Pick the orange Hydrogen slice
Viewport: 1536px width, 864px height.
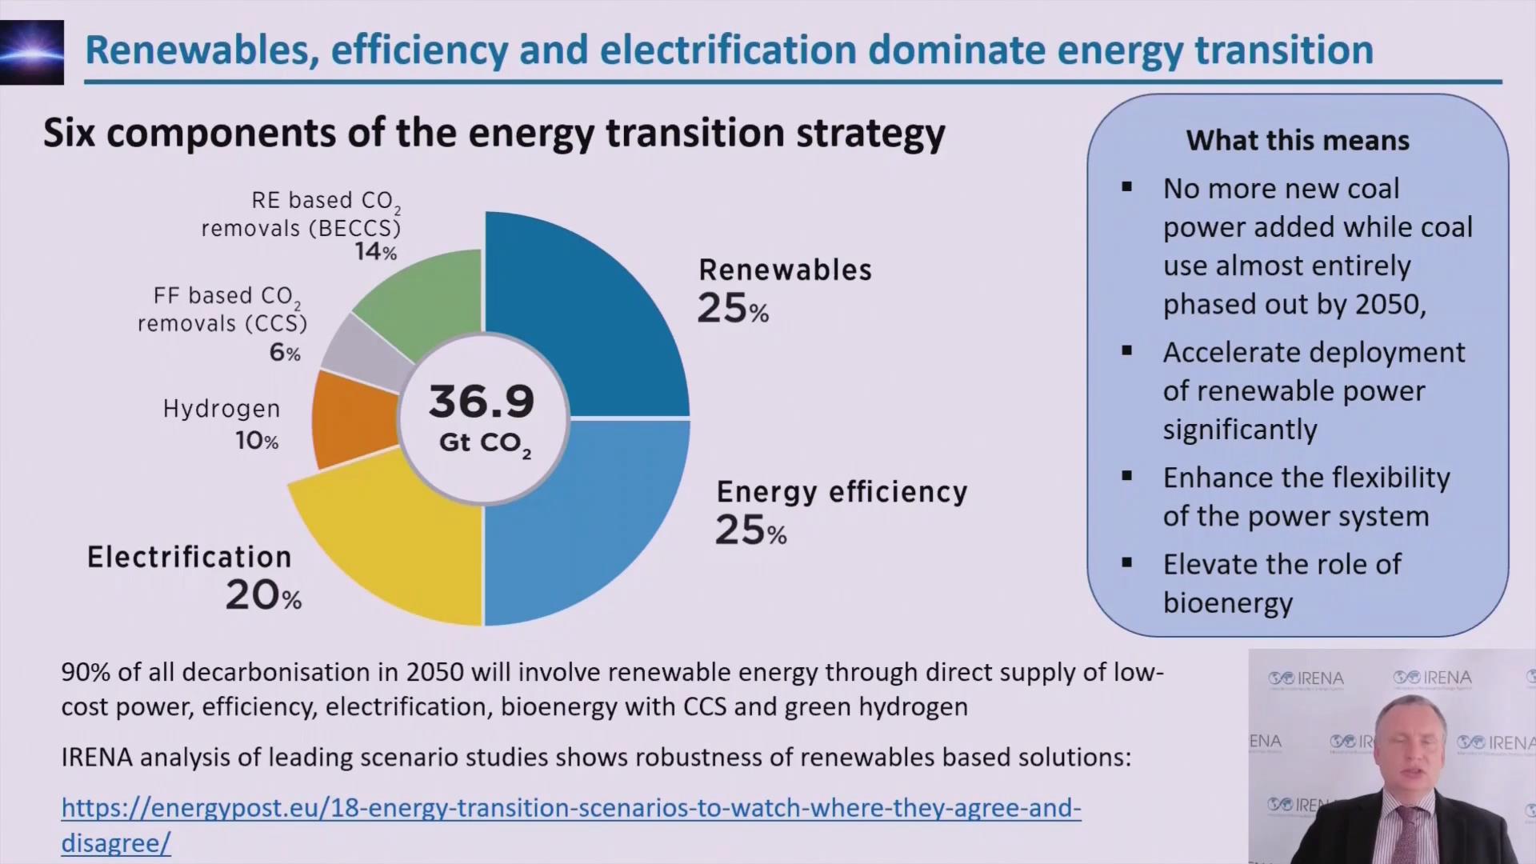click(x=352, y=420)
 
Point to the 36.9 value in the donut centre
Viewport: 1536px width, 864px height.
click(x=482, y=402)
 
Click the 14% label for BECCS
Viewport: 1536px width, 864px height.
click(x=375, y=252)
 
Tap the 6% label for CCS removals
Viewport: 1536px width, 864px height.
click(x=284, y=352)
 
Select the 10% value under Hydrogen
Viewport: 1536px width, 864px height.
click(x=257, y=441)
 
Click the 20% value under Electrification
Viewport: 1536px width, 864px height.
click(x=263, y=596)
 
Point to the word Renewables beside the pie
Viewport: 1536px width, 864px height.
click(x=785, y=270)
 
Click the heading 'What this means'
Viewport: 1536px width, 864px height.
click(x=1297, y=141)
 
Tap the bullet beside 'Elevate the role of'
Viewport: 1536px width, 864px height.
click(x=1127, y=562)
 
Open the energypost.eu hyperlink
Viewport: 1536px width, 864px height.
click(x=570, y=808)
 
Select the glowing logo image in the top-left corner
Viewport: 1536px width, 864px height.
click(x=32, y=52)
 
